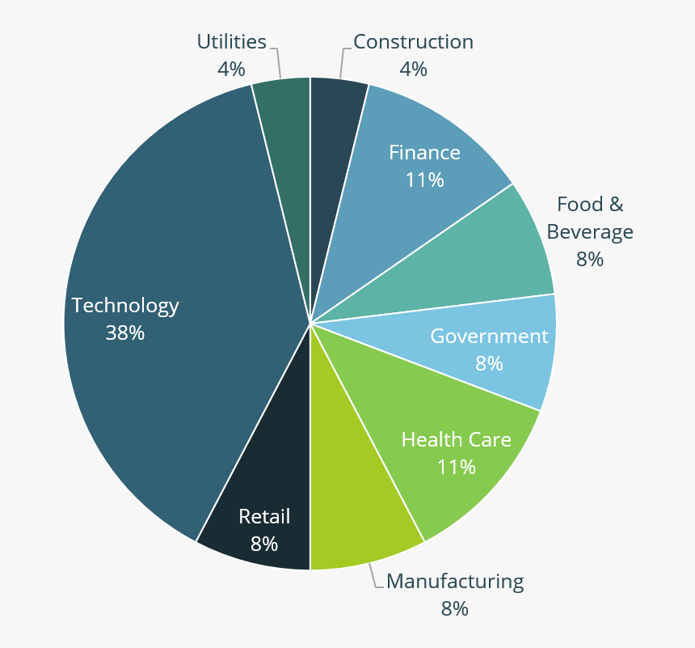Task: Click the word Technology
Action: [125, 306]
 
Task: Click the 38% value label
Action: [125, 332]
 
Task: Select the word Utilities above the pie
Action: [232, 41]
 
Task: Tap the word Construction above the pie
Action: [413, 41]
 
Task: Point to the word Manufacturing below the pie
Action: [455, 581]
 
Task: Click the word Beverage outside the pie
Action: [590, 232]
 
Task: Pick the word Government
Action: [489, 336]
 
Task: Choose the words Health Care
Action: [457, 439]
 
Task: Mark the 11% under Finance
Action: [425, 180]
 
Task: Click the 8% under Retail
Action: [264, 544]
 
